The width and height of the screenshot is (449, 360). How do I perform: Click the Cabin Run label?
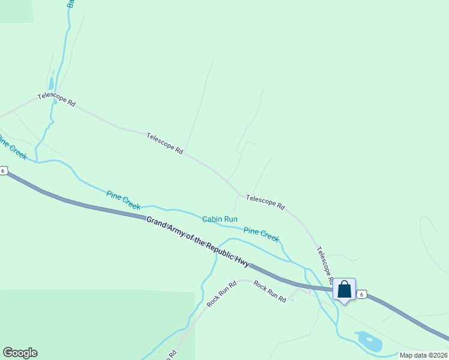[x=220, y=220]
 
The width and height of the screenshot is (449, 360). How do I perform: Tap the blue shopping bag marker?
[x=344, y=290]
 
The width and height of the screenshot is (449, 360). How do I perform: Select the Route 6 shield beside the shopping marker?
[x=361, y=293]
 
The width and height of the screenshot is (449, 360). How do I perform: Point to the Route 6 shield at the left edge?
[x=3, y=171]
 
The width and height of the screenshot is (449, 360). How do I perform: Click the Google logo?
[x=20, y=353]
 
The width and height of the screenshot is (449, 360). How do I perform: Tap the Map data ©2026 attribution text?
[x=423, y=355]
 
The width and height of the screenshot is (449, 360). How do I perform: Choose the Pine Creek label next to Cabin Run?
[x=261, y=235]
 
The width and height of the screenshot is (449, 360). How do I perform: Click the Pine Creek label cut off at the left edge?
[x=12, y=148]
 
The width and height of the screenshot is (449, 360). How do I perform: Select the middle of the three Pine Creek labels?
[x=123, y=200]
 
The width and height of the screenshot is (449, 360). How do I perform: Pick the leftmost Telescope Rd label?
[x=56, y=100]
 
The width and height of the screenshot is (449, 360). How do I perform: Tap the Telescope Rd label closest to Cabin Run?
[x=265, y=202]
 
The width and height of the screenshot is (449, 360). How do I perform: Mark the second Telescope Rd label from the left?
[x=164, y=144]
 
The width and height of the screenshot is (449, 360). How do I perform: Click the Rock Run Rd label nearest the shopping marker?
[x=270, y=291]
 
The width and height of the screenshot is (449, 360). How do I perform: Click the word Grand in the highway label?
[x=158, y=223]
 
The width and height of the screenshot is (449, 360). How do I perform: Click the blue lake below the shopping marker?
[x=369, y=341]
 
